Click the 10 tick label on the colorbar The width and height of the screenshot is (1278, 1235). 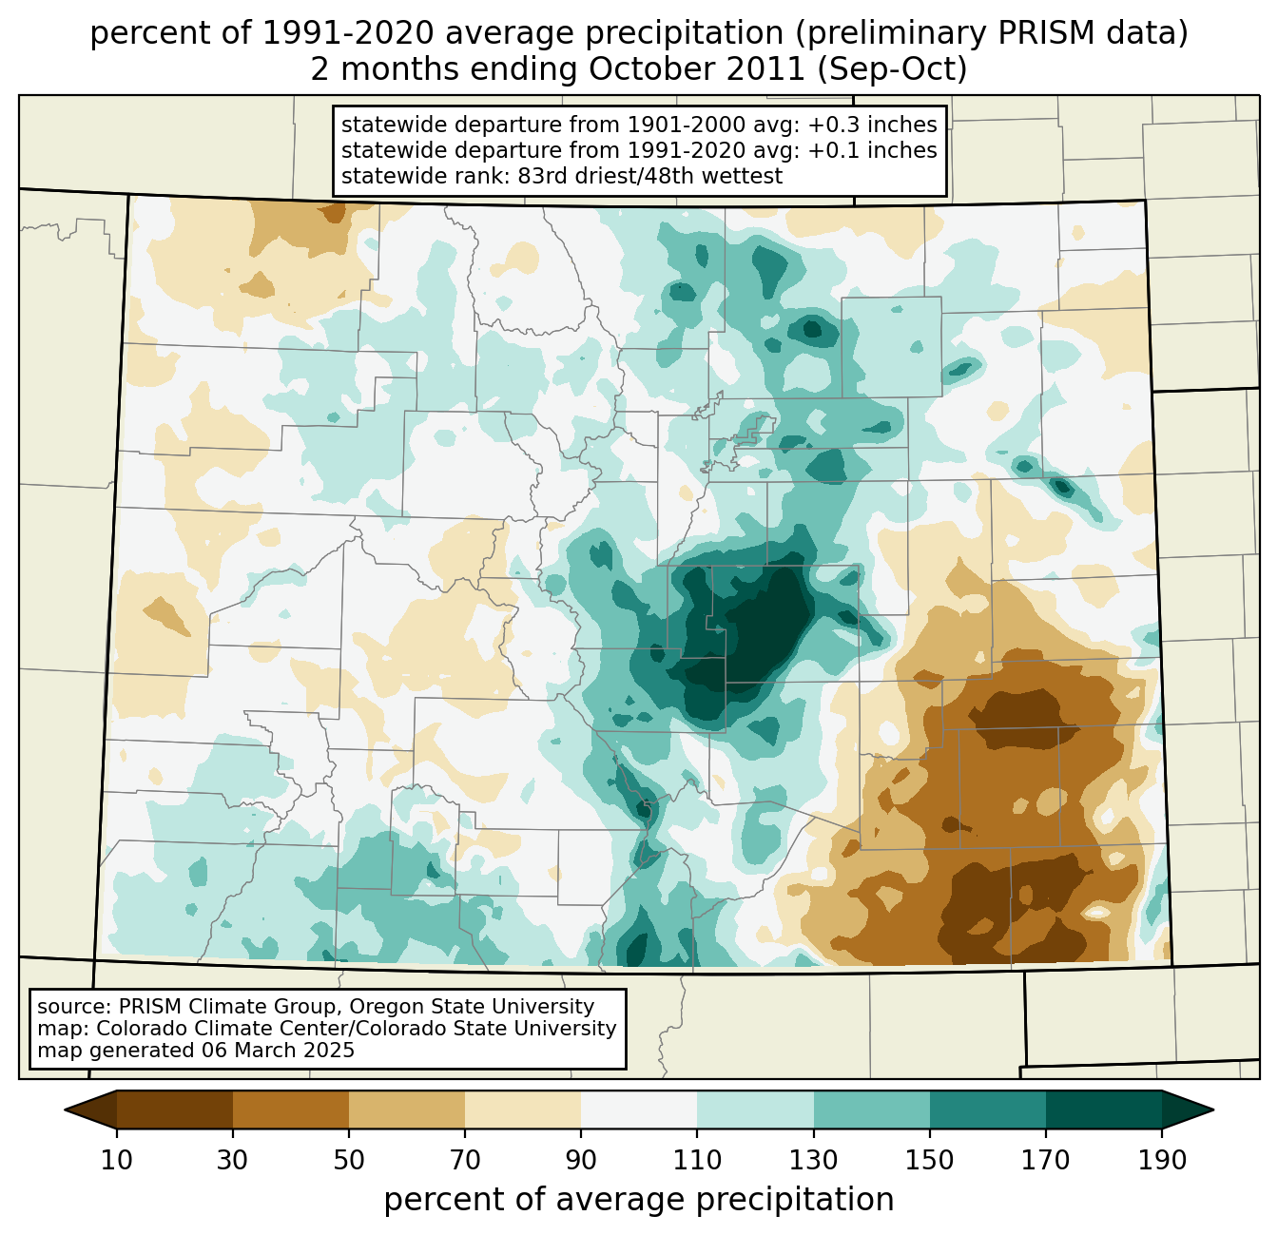tap(117, 1160)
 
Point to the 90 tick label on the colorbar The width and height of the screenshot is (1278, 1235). tap(581, 1160)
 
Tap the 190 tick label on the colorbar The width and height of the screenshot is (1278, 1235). tap(1161, 1160)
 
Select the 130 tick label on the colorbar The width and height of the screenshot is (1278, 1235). tap(813, 1160)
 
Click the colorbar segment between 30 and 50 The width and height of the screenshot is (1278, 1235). tap(291, 1110)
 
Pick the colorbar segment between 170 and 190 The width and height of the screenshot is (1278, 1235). tap(1103, 1110)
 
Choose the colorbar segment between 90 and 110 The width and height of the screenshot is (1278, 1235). tap(639, 1110)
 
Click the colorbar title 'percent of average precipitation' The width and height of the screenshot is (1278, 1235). tap(639, 1200)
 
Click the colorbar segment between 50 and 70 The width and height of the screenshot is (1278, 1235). tap(407, 1110)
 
